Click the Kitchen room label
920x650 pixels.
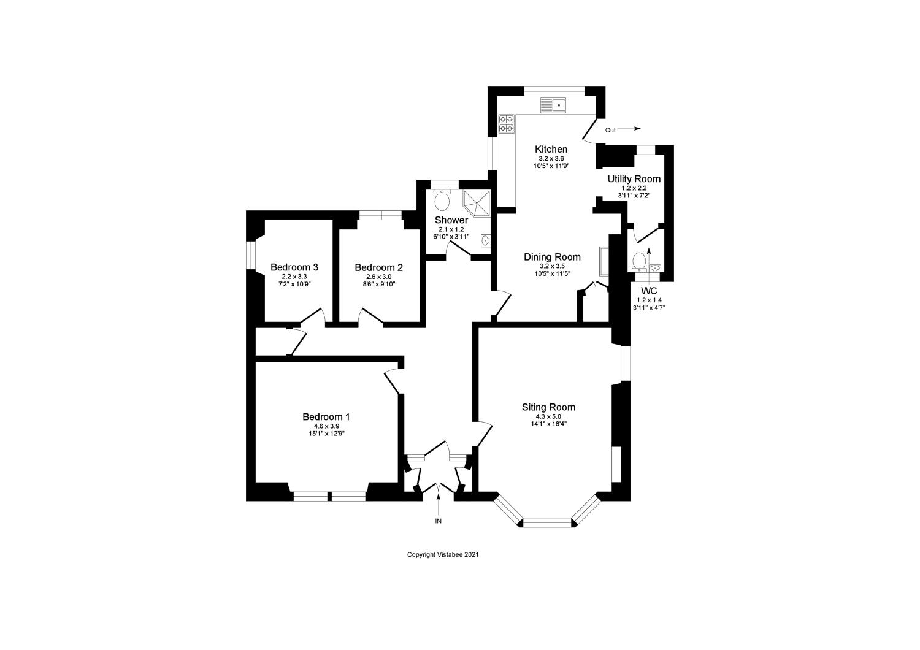pyautogui.click(x=551, y=150)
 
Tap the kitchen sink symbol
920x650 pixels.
pyautogui.click(x=555, y=105)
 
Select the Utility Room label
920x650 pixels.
pyautogui.click(x=634, y=179)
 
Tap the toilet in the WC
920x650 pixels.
pyautogui.click(x=639, y=262)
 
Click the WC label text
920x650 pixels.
pyautogui.click(x=649, y=291)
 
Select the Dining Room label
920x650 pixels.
pyautogui.click(x=552, y=257)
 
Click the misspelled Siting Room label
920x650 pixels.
pyautogui.click(x=548, y=407)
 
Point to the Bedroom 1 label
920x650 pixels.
pyautogui.click(x=326, y=417)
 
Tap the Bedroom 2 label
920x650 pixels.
pyautogui.click(x=378, y=267)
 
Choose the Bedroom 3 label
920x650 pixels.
pyautogui.click(x=294, y=267)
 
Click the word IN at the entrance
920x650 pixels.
pyautogui.click(x=438, y=521)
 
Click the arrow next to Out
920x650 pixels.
pyautogui.click(x=629, y=129)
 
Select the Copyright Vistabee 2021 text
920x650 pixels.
pyautogui.click(x=442, y=555)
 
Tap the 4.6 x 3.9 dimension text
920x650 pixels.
pyautogui.click(x=326, y=426)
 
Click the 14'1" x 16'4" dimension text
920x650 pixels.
pyautogui.click(x=548, y=423)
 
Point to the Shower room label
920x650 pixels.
pyautogui.click(x=451, y=220)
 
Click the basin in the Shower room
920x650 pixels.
pyautogui.click(x=485, y=240)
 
